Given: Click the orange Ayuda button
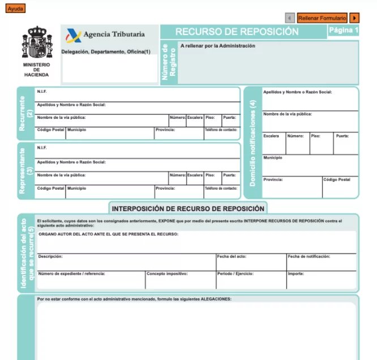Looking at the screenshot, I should click(15, 8).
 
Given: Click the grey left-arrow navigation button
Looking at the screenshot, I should click(290, 18).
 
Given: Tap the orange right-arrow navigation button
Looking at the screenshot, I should click(355, 18).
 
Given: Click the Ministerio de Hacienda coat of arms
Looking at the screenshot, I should click(36, 43).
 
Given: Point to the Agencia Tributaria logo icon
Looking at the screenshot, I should click(74, 36).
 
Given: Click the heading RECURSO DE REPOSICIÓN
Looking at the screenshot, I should click(237, 32).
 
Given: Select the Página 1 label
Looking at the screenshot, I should click(344, 30).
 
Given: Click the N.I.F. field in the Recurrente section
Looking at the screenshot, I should click(137, 95).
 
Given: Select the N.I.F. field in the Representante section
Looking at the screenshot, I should click(137, 151).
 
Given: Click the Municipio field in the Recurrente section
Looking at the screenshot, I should click(110, 134).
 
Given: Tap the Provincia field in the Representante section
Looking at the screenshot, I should click(178, 192).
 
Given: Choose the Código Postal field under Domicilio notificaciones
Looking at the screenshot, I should click(340, 188).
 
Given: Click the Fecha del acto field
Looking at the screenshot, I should click(251, 263).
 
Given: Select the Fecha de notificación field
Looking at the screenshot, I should click(321, 263).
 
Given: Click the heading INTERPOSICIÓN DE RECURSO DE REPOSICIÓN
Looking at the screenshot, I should click(188, 209).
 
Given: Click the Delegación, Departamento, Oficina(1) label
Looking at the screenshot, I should click(106, 52).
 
